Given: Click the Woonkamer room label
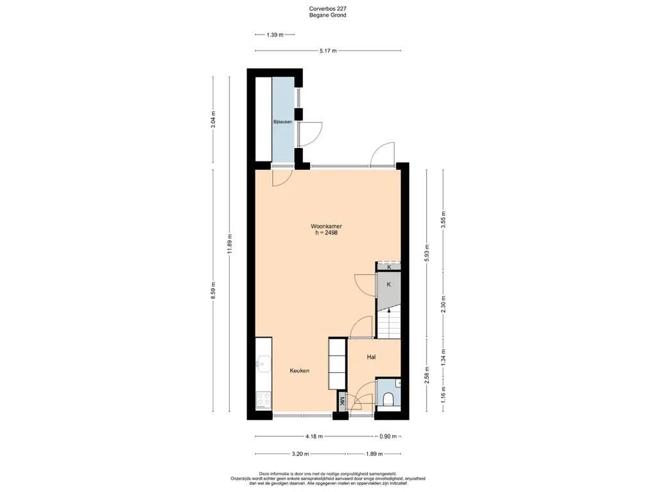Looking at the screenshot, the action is click(326, 226).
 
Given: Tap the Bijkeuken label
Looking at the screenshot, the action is click(283, 122).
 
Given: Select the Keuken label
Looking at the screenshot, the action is click(300, 371).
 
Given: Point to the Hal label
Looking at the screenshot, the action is click(371, 357).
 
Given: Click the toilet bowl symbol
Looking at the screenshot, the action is click(388, 399).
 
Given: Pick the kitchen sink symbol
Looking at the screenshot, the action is click(263, 364).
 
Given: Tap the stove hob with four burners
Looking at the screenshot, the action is click(263, 400).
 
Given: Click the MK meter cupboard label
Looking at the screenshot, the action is click(342, 401).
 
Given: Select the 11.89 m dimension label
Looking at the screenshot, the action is click(229, 244).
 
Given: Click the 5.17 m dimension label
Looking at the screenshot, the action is click(328, 51).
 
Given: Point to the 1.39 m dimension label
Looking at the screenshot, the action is click(275, 35).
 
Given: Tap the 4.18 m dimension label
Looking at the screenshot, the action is click(314, 436).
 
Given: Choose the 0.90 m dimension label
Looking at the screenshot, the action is click(388, 436).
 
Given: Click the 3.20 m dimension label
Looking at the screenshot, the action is click(300, 454).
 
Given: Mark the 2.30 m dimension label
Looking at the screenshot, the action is click(443, 304).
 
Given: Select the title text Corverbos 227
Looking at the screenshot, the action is click(327, 8).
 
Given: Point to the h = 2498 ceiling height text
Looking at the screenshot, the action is click(326, 233).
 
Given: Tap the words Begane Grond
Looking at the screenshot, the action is click(327, 15).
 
